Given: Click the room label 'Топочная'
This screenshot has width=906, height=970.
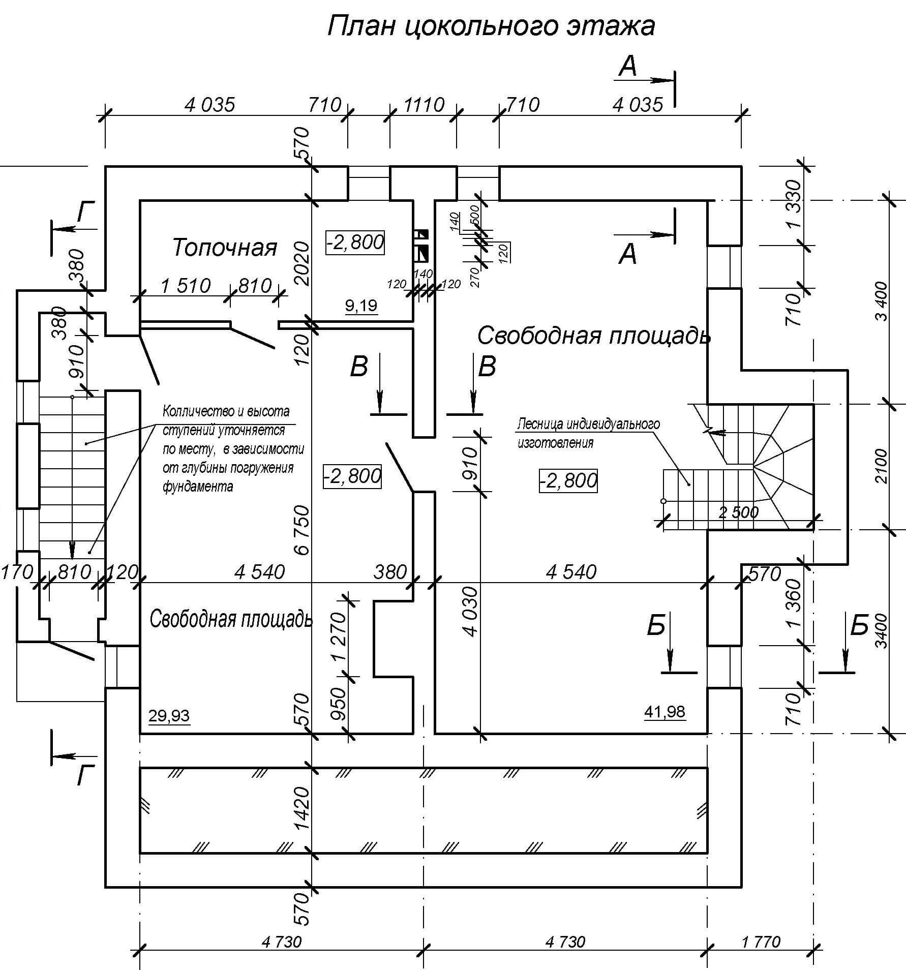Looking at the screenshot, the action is (x=225, y=248).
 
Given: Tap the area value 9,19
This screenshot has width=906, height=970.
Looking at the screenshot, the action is (x=361, y=306).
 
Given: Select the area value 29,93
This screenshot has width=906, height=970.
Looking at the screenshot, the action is (x=169, y=716).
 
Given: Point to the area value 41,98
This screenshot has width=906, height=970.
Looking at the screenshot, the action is (x=665, y=712).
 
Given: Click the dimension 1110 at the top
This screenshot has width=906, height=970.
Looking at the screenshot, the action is (x=424, y=105).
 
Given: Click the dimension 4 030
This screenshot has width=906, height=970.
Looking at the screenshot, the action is (x=470, y=612).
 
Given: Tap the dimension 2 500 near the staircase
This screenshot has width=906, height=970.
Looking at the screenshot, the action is (x=739, y=512).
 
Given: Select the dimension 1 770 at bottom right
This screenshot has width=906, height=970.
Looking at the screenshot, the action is (x=761, y=942).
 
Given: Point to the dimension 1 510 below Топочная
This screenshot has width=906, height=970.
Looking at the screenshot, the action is (x=186, y=286).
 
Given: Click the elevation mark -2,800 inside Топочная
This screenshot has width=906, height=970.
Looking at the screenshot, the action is (x=355, y=242).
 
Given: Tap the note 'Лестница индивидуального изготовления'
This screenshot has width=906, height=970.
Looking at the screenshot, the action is (x=589, y=433).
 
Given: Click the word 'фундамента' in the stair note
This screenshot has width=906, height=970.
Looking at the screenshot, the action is (x=198, y=487).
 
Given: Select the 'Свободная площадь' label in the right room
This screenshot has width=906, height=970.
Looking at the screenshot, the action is (x=594, y=336).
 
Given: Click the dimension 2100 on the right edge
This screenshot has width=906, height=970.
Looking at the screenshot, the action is (x=881, y=466).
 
